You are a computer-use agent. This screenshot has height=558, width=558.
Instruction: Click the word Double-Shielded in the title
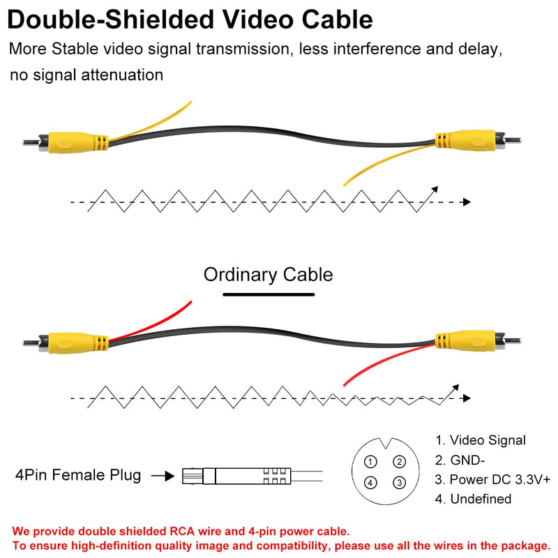pyautogui.click(x=110, y=20)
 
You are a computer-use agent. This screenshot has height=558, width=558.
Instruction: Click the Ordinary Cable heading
pyautogui.click(x=268, y=275)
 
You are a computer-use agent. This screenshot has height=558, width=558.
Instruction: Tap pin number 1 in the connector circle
pyautogui.click(x=370, y=462)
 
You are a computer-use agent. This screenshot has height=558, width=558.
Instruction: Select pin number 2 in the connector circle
pyautogui.click(x=399, y=462)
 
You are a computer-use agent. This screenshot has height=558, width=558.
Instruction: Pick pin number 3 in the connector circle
pyautogui.click(x=399, y=483)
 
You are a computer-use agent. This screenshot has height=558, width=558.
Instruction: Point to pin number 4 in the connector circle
pyautogui.click(x=370, y=483)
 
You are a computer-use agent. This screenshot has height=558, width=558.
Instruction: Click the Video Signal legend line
pyautogui.click(x=481, y=440)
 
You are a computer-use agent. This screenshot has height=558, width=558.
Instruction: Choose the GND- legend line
pyautogui.click(x=460, y=460)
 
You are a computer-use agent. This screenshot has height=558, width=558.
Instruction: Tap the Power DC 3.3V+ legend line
pyautogui.click(x=492, y=479)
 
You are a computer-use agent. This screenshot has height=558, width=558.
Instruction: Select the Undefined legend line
pyautogui.click(x=473, y=499)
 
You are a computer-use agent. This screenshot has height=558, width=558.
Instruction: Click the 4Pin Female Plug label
pyautogui.click(x=78, y=475)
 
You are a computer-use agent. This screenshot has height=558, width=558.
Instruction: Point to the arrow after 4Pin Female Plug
pyautogui.click(x=163, y=476)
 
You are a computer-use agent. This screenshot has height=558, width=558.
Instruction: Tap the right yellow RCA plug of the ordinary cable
pyautogui.click(x=478, y=341)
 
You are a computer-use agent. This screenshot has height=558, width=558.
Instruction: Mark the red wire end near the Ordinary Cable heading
pyautogui.click(x=190, y=302)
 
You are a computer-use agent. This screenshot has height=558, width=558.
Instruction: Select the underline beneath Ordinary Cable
pyautogui.click(x=269, y=294)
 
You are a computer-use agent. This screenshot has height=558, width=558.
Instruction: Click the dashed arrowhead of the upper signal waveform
pyautogui.click(x=467, y=202)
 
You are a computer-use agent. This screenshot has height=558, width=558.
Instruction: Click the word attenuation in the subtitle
pyautogui.click(x=122, y=75)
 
